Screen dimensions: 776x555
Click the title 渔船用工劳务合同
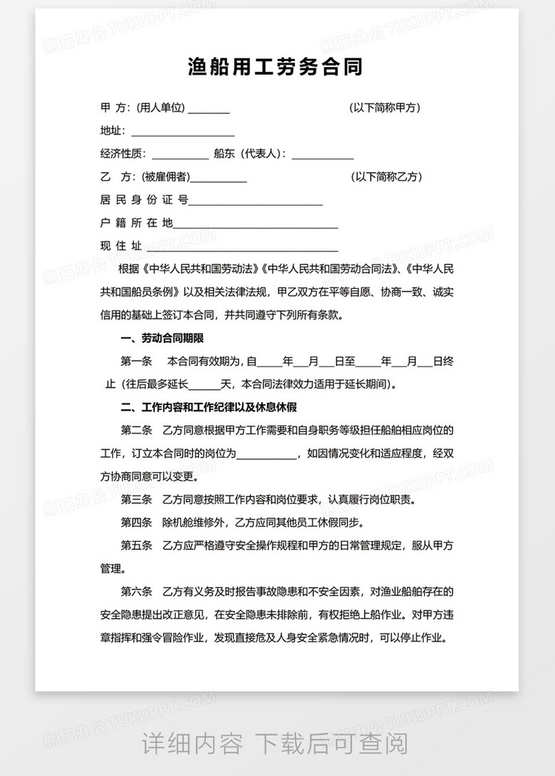tap(275, 68)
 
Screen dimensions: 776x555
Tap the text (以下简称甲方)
tap(386, 108)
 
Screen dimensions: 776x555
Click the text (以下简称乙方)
tap(386, 177)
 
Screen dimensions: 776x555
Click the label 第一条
tap(137, 361)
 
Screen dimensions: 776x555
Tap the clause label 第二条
tap(137, 430)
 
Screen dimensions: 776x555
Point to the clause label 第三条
tap(137, 499)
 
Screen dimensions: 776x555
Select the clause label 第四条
tap(137, 523)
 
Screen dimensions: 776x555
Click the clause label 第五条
tap(137, 546)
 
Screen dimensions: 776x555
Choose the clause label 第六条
tap(137, 592)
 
